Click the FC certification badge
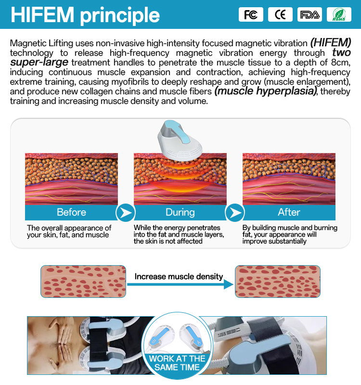pos(251,14)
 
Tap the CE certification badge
pos(280,14)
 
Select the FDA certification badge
pos(309,14)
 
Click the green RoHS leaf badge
pos(339,14)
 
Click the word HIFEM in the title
pos(42,15)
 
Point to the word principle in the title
pos(120,16)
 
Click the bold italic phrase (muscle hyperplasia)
pos(266,91)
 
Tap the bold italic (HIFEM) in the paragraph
pos(331,43)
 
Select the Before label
pos(71,212)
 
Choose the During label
pos(180,212)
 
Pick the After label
pos(289,212)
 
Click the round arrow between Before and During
pos(126,213)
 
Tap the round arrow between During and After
pos(235,213)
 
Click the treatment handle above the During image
pos(180,140)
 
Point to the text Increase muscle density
pos(179,276)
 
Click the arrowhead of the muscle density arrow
pos(229,284)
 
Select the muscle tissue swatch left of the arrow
pos(83,282)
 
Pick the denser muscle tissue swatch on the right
pos(278,282)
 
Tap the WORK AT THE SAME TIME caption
pos(177,363)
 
